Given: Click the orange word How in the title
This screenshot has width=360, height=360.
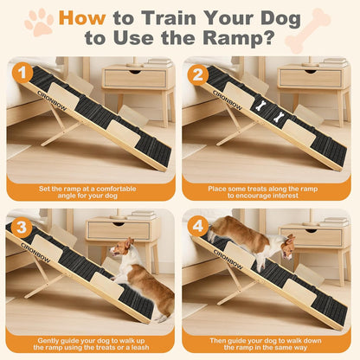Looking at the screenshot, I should point(89,16).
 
